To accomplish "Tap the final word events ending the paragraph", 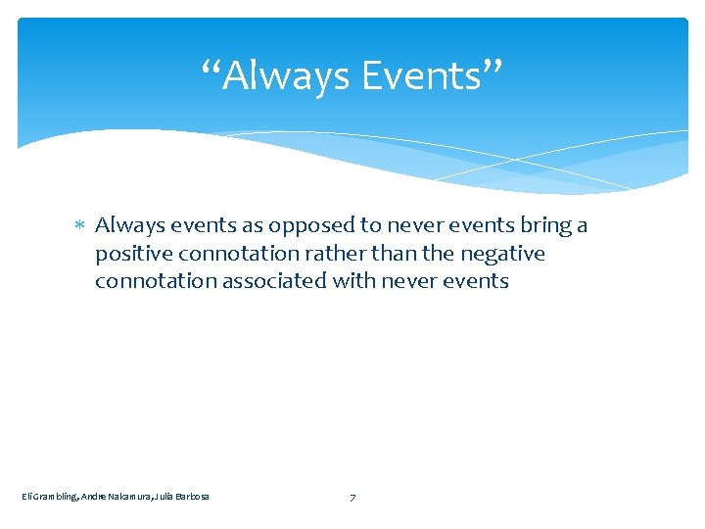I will pos(477,281).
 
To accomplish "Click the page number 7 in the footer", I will pos(352,498).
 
